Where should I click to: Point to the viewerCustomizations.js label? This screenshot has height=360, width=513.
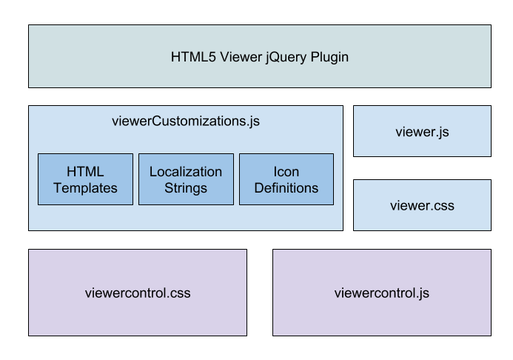(185, 119)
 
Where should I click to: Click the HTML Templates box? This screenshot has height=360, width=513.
(85, 179)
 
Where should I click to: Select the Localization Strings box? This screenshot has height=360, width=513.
(186, 179)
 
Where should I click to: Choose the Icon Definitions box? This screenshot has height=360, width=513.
(286, 179)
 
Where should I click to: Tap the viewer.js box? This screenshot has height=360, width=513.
(422, 131)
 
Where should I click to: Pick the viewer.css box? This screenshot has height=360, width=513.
(422, 205)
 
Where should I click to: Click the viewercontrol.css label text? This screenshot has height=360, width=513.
(138, 293)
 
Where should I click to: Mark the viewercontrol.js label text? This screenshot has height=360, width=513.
(381, 293)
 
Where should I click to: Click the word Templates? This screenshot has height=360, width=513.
(85, 188)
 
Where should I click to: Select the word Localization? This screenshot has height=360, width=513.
(186, 172)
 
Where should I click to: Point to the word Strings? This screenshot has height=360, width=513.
(186, 188)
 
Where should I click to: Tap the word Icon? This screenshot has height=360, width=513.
(286, 172)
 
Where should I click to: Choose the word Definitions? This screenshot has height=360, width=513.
(286, 188)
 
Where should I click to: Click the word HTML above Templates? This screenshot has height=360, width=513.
(85, 172)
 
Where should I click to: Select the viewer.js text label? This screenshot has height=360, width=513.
(422, 132)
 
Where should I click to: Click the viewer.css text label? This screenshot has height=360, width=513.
(422, 205)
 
